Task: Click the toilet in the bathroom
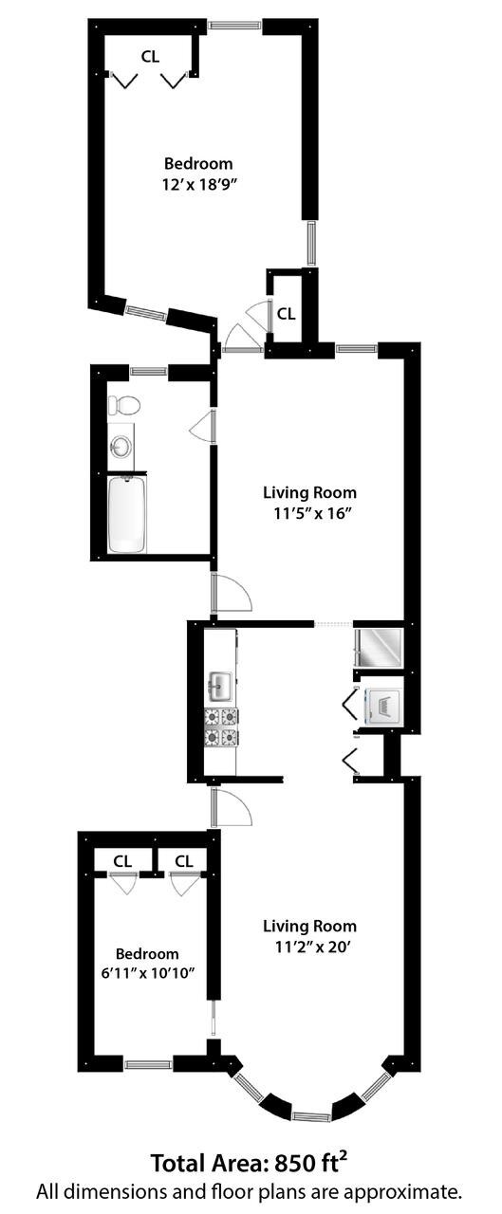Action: pyautogui.click(x=123, y=405)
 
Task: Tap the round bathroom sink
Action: pyautogui.click(x=121, y=446)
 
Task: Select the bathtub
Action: pyautogui.click(x=126, y=515)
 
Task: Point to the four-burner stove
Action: pyautogui.click(x=221, y=726)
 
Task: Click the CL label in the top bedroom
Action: pyautogui.click(x=150, y=57)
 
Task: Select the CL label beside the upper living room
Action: pyautogui.click(x=286, y=313)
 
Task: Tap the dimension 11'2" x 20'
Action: pyautogui.click(x=309, y=946)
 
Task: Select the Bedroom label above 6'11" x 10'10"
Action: pyautogui.click(x=147, y=953)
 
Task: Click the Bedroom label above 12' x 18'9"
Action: pyautogui.click(x=198, y=164)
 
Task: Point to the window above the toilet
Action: pyautogui.click(x=149, y=371)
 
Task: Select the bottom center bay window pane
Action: pyautogui.click(x=311, y=1115)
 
